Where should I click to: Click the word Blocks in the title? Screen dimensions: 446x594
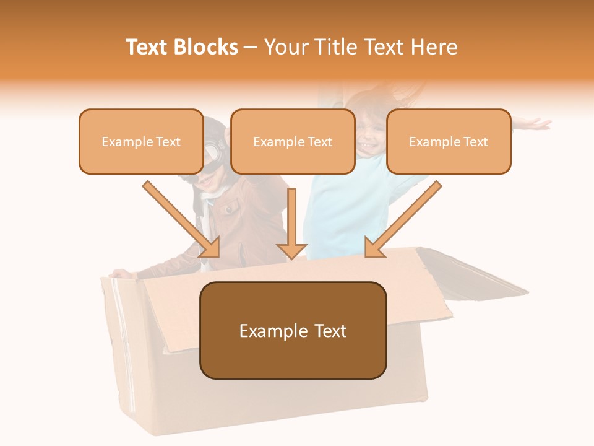[x=206, y=47]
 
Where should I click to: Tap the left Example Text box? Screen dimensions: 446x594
[x=141, y=141]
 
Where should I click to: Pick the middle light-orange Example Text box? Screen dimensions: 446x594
[x=293, y=141]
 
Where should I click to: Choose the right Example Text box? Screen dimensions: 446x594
[x=449, y=141]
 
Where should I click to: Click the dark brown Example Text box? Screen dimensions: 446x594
[x=293, y=330]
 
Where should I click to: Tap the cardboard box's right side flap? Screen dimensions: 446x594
[x=470, y=273]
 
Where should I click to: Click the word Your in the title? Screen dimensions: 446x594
[x=286, y=47]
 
